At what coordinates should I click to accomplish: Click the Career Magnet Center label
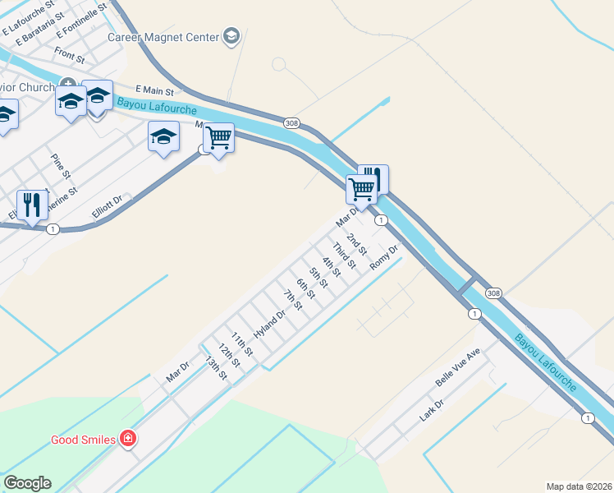click(163, 37)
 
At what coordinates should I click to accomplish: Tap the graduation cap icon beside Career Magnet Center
click(231, 36)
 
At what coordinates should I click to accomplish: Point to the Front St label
click(69, 57)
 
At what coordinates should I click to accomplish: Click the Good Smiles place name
click(83, 440)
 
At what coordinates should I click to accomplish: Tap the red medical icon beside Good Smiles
click(127, 440)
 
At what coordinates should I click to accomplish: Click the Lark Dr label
click(431, 410)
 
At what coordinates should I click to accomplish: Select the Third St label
click(343, 256)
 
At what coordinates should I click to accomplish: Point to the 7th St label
click(293, 300)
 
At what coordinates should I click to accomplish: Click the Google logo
click(27, 483)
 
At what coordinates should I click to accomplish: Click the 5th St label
click(318, 278)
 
